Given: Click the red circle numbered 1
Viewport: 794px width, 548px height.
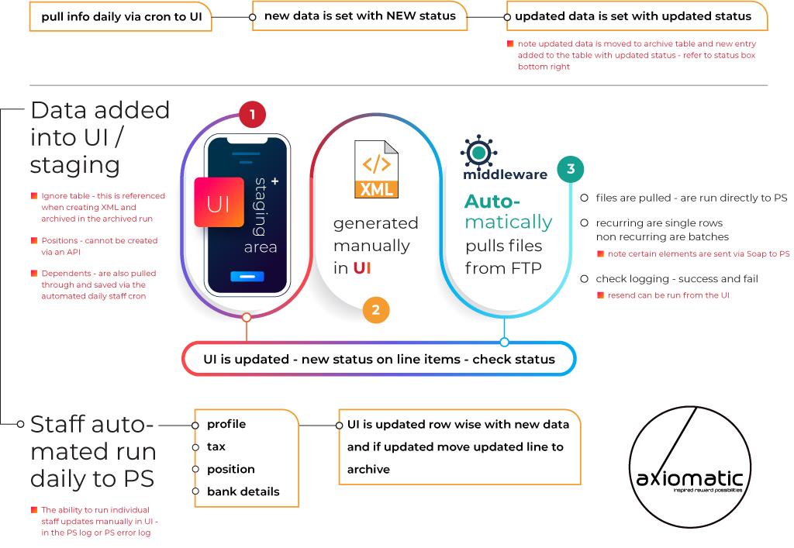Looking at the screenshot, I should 252,115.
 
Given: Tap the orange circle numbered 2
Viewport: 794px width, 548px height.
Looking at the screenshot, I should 375,310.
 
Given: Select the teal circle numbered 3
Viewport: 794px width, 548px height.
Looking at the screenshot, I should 571,169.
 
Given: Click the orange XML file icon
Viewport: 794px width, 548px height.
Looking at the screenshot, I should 376,169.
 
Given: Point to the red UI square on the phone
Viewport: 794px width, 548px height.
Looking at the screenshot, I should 219,202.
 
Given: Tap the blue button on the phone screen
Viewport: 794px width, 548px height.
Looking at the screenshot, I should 247,277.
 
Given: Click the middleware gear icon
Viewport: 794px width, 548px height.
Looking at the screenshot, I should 479,150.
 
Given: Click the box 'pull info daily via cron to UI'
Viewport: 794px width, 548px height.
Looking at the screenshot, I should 121,16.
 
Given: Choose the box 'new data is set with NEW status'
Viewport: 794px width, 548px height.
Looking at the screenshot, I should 361,16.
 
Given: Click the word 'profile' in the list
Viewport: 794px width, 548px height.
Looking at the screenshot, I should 226,424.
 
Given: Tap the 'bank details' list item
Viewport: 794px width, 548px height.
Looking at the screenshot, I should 243,491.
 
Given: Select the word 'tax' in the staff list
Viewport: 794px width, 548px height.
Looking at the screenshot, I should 216,446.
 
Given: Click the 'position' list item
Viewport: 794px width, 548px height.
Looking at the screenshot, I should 230,469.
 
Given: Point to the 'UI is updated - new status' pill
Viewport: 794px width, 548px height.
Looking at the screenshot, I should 379,359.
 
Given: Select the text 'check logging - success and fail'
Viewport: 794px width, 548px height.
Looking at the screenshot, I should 676,278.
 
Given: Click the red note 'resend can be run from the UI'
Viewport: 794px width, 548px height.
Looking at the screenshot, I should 668,295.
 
